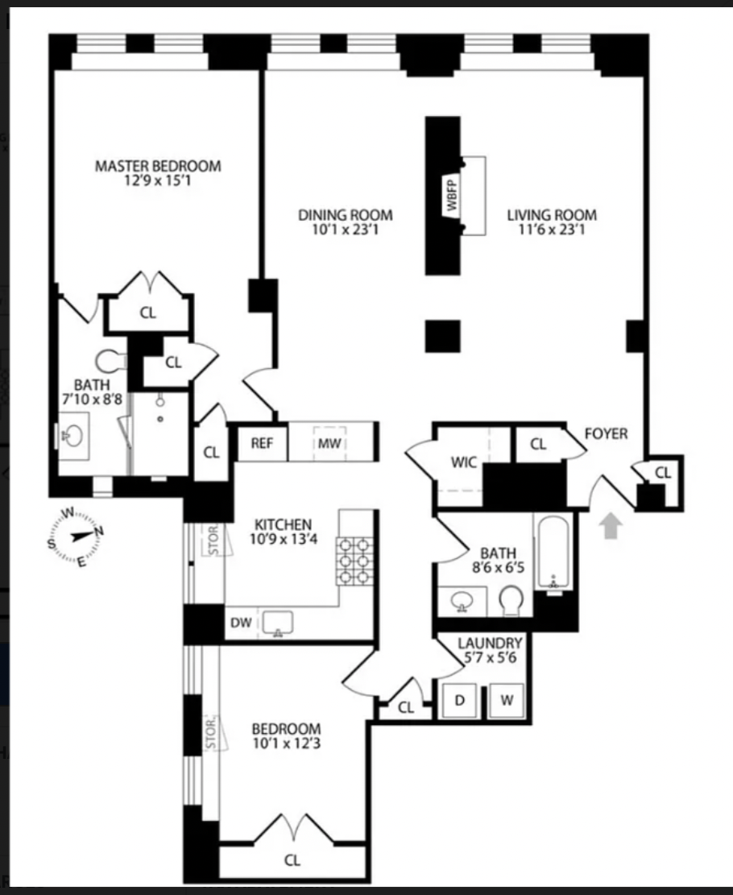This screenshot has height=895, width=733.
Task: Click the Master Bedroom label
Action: point(158,167)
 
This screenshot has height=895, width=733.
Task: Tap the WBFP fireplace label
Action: point(452,196)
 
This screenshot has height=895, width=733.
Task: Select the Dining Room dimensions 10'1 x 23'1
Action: point(346,230)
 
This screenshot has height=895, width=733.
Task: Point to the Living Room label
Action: point(552,215)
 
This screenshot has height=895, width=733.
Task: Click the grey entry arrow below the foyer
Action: point(612,526)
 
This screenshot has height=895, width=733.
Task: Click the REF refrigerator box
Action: point(261,442)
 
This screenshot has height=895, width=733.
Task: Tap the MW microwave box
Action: point(328,442)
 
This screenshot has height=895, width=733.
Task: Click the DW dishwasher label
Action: point(240,622)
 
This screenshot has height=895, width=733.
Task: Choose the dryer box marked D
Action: point(460,701)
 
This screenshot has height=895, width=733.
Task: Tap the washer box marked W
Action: point(507,701)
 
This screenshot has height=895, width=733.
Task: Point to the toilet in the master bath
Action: point(108,359)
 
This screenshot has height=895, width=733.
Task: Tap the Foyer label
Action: point(606,433)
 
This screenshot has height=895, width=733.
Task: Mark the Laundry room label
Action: point(491,643)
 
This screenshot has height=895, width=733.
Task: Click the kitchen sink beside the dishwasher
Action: point(278,622)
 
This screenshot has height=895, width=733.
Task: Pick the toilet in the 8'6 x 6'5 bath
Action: point(512,599)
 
